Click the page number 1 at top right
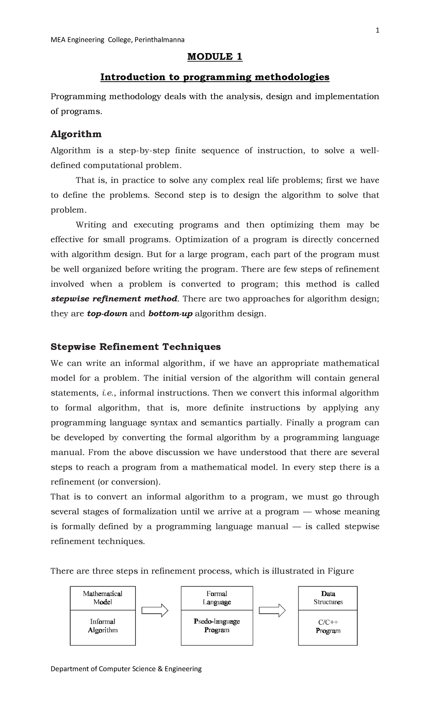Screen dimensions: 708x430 [x=377, y=31]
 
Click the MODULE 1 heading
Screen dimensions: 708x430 [x=215, y=57]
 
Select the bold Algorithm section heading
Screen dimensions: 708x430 [x=76, y=134]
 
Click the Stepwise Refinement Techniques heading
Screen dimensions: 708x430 [x=135, y=347]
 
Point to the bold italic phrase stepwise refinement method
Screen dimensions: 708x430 [x=114, y=299]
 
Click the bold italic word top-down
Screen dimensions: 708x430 [x=107, y=314]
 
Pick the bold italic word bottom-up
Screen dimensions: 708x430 [x=170, y=314]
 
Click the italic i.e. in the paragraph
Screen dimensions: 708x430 [x=107, y=393]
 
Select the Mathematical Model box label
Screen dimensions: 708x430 [x=102, y=598]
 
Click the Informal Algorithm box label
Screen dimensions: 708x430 [x=102, y=626]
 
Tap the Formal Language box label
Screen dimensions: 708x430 [x=216, y=598]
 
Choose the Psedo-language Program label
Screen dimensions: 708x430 [x=216, y=626]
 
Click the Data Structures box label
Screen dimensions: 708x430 [x=328, y=598]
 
